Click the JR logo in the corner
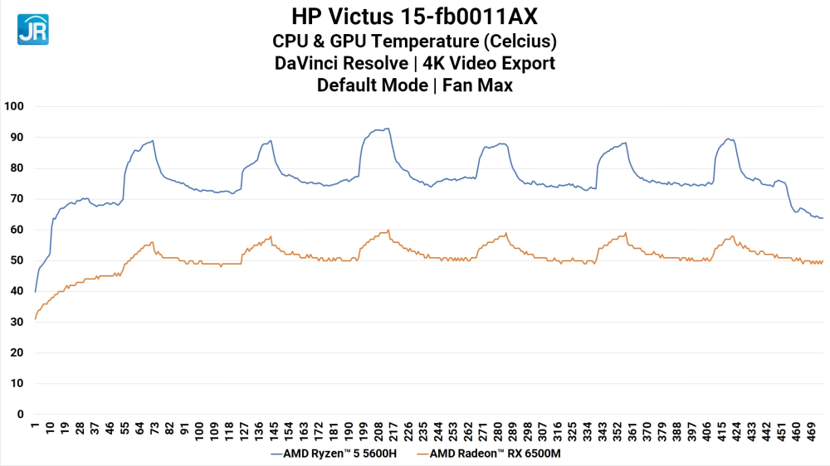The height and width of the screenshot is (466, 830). pos(32,28)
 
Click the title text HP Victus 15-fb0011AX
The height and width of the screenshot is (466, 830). pos(414,16)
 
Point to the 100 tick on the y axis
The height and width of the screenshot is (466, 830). pos(15,106)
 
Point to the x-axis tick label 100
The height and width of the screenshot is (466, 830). pos(199,432)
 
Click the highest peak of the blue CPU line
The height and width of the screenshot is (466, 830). pos(387,129)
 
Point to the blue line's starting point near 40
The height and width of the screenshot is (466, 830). pos(35,292)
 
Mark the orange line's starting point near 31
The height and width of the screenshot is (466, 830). pos(35,319)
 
